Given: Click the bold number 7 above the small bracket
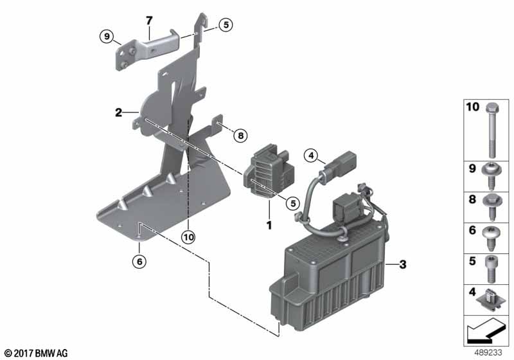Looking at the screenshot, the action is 149,21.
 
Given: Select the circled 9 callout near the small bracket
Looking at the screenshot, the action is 107,36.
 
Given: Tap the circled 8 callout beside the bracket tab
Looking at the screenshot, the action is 240,135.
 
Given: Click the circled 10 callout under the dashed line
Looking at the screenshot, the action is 189,237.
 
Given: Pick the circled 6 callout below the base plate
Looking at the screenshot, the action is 139,261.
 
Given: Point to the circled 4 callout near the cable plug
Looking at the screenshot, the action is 311,155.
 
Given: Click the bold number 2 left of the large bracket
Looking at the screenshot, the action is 118,113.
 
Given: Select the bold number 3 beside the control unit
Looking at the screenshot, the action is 403,264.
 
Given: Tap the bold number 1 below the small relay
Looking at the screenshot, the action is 269,225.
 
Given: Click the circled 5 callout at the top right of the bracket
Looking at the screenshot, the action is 226,24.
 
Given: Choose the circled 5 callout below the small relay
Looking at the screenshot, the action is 293,203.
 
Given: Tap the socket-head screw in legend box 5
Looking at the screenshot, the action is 490,269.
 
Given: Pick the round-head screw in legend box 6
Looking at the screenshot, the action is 490,238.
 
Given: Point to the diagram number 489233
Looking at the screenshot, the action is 488,352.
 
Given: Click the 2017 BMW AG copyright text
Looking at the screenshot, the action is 37,353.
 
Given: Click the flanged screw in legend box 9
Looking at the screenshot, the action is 490,176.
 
